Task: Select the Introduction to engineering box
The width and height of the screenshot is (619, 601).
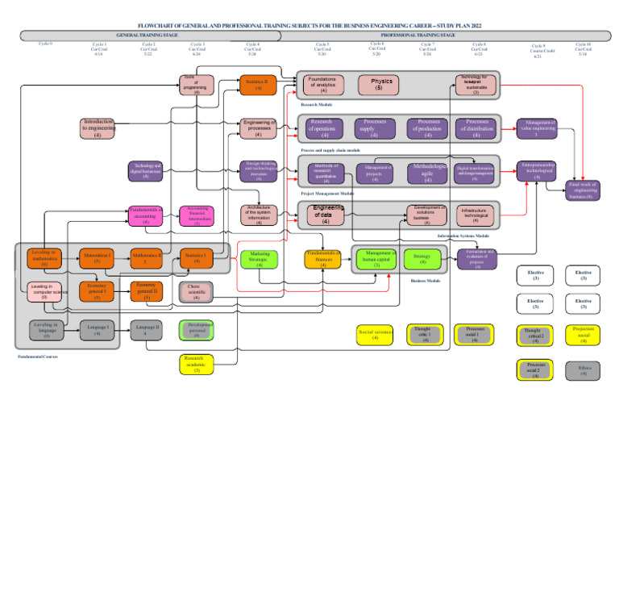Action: pyautogui.click(x=98, y=127)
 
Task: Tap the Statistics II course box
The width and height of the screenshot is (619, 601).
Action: pyautogui.click(x=258, y=84)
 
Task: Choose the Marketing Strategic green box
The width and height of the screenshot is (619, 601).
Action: pyautogui.click(x=259, y=258)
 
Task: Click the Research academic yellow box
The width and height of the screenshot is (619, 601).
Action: pyautogui.click(x=197, y=364)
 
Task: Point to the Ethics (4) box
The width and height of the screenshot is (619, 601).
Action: pyautogui.click(x=584, y=370)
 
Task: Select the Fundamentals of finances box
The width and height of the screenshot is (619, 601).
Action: pyautogui.click(x=322, y=258)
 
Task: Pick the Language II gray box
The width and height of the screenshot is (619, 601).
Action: pyautogui.click(x=147, y=330)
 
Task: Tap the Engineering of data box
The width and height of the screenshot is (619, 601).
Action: pyautogui.click(x=326, y=214)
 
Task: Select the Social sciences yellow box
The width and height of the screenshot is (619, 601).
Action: pyautogui.click(x=376, y=334)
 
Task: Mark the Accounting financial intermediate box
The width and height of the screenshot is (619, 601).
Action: pyautogui.click(x=197, y=215)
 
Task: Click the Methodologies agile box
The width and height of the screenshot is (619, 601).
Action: pyautogui.click(x=427, y=173)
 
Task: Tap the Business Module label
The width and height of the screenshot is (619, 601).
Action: pyautogui.click(x=425, y=282)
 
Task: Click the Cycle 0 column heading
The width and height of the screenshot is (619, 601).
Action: pyautogui.click(x=45, y=44)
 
